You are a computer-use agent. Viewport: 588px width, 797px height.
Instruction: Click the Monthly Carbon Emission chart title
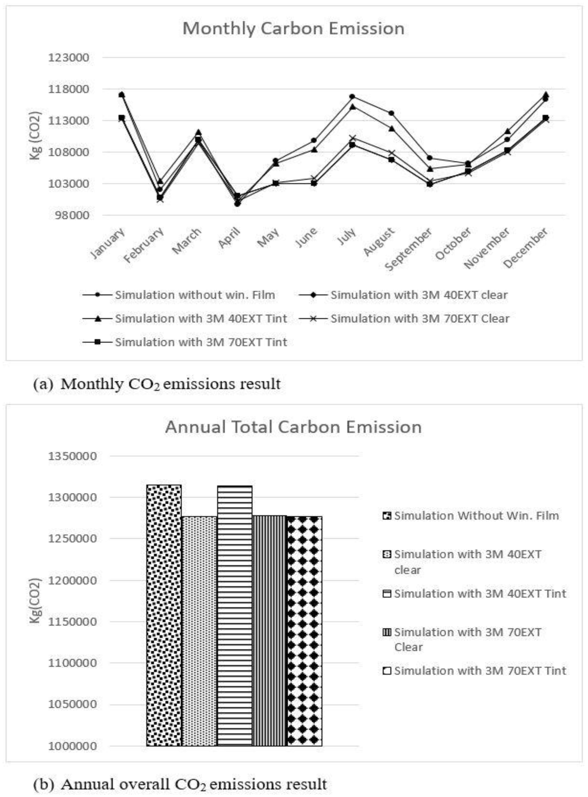pos(293,29)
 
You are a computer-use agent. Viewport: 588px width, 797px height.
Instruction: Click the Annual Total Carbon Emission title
pos(293,427)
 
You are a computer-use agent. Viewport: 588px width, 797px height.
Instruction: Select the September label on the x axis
pos(409,249)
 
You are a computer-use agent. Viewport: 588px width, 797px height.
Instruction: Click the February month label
pos(144,245)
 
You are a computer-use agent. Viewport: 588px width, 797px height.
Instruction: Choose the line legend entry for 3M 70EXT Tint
pos(201,342)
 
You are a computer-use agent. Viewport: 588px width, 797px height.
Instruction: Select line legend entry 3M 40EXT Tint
pos(201,319)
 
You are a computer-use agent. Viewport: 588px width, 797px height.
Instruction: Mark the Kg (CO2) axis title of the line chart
pos(36,136)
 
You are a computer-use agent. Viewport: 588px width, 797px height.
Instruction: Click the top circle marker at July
pos(352,97)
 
